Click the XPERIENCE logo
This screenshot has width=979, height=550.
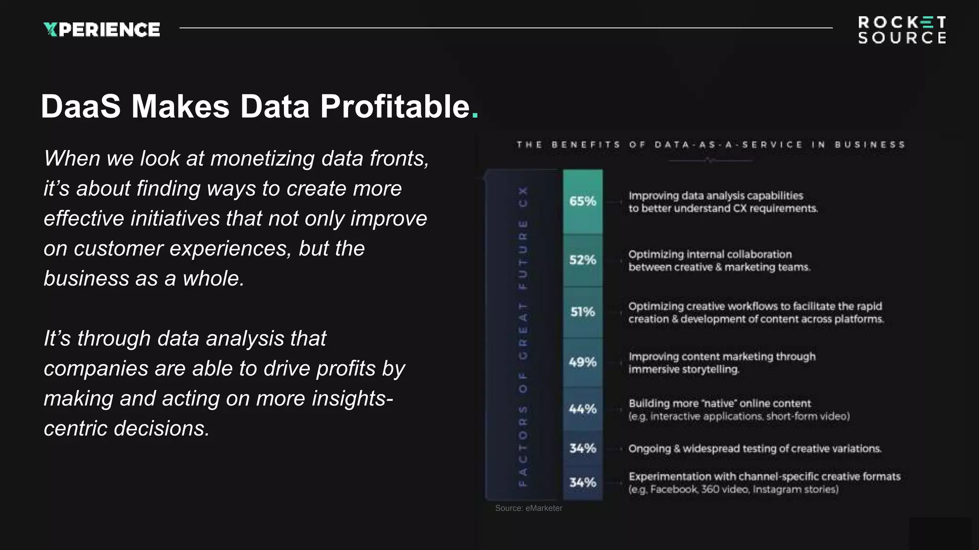tap(101, 30)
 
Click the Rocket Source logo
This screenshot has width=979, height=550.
tap(902, 30)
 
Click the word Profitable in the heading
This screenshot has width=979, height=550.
tap(395, 106)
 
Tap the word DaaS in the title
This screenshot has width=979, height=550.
tap(80, 106)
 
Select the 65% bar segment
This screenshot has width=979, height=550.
tap(583, 201)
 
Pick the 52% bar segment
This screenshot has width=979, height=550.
tap(583, 260)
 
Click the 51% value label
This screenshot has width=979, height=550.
tap(583, 312)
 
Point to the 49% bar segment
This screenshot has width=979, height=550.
tap(583, 362)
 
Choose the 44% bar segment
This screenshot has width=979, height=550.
tap(583, 409)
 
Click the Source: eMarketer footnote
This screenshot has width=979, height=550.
tap(529, 508)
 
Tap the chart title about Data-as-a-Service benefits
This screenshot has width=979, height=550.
tap(710, 145)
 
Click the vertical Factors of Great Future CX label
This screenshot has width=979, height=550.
tap(523, 336)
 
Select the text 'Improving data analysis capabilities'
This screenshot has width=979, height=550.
tap(716, 196)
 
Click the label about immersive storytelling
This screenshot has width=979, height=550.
tap(722, 363)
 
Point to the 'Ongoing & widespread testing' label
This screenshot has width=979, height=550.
tap(754, 449)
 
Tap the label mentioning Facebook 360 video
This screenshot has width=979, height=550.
tap(733, 489)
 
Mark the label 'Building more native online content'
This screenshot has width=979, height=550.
tap(719, 403)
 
